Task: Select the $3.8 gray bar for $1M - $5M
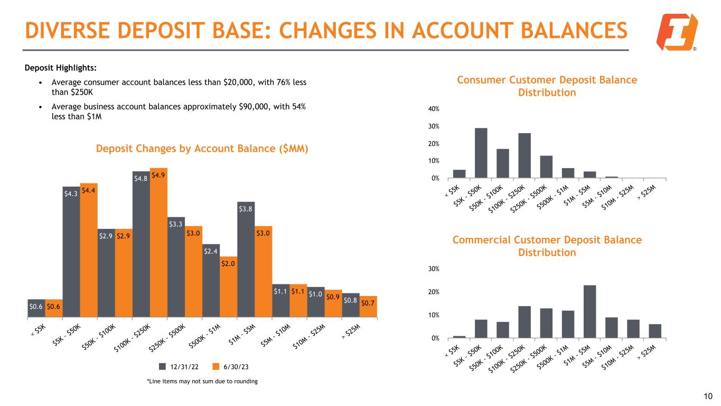(246, 259)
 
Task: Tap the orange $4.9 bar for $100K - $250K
(158, 243)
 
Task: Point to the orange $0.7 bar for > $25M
(369, 307)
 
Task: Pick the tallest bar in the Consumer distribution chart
(481, 153)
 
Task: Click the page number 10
(708, 396)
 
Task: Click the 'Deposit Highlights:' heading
(60, 68)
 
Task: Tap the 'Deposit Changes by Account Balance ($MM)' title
(202, 149)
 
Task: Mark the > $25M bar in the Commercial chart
(655, 330)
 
